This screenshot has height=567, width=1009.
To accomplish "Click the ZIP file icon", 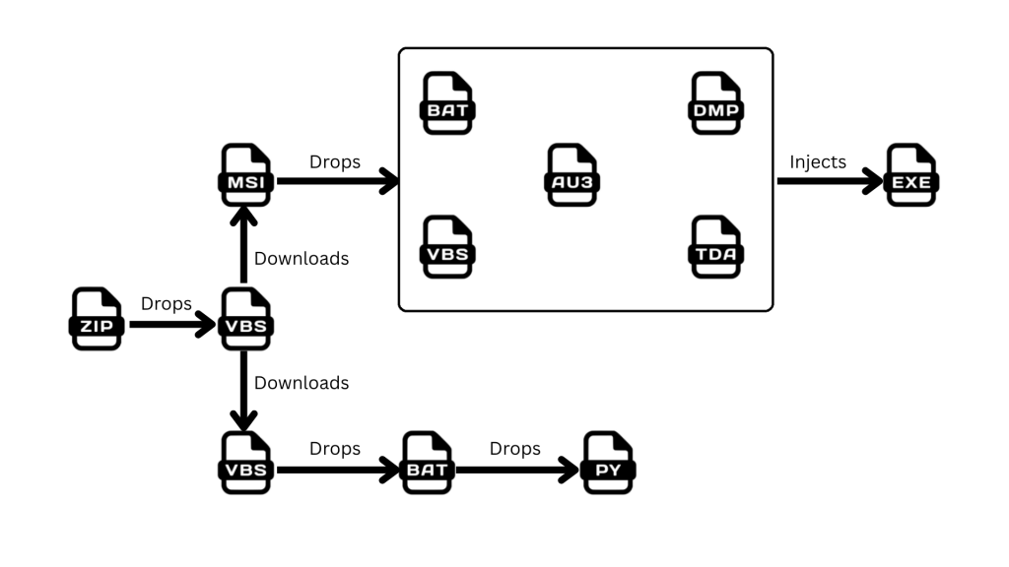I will [96, 319].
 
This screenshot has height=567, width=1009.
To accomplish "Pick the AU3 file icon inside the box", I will [572, 175].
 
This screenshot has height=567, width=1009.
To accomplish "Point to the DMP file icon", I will [715, 103].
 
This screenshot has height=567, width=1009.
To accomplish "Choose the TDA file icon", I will [715, 247].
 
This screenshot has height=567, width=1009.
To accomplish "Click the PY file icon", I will [608, 463].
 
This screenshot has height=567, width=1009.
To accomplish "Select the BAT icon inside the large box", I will [448, 103].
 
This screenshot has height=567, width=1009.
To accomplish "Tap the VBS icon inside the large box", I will [448, 247].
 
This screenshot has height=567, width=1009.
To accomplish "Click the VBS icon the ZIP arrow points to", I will [245, 319].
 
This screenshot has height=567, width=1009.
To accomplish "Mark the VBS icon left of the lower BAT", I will [245, 463].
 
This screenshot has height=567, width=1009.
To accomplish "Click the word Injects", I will [818, 162].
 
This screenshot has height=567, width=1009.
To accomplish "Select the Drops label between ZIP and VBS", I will [167, 304].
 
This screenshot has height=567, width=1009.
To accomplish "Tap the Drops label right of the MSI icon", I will [335, 162].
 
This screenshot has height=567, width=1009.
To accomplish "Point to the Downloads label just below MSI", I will [302, 259].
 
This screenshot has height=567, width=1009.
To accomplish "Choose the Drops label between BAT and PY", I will [515, 449].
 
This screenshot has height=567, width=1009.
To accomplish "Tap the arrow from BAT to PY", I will [518, 470].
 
